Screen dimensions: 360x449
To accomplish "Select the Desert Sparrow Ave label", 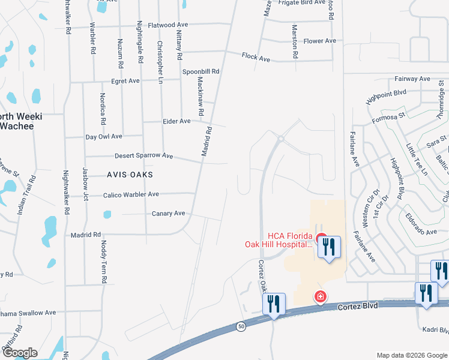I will [x=143, y=155].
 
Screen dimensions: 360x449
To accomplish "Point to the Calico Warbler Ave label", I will [x=131, y=194].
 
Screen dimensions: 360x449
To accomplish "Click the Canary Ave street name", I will [x=168, y=213].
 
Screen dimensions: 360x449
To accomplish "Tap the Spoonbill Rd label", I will [x=201, y=71].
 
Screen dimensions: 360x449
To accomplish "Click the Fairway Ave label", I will [x=412, y=79].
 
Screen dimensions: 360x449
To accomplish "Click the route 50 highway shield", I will [x=241, y=326].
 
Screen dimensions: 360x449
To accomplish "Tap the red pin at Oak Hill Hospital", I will [x=321, y=238].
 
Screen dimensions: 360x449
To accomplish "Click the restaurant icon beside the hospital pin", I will [x=329, y=246].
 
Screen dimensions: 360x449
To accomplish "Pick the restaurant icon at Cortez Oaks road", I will [x=274, y=303].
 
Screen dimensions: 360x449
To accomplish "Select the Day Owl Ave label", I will [x=103, y=137].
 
